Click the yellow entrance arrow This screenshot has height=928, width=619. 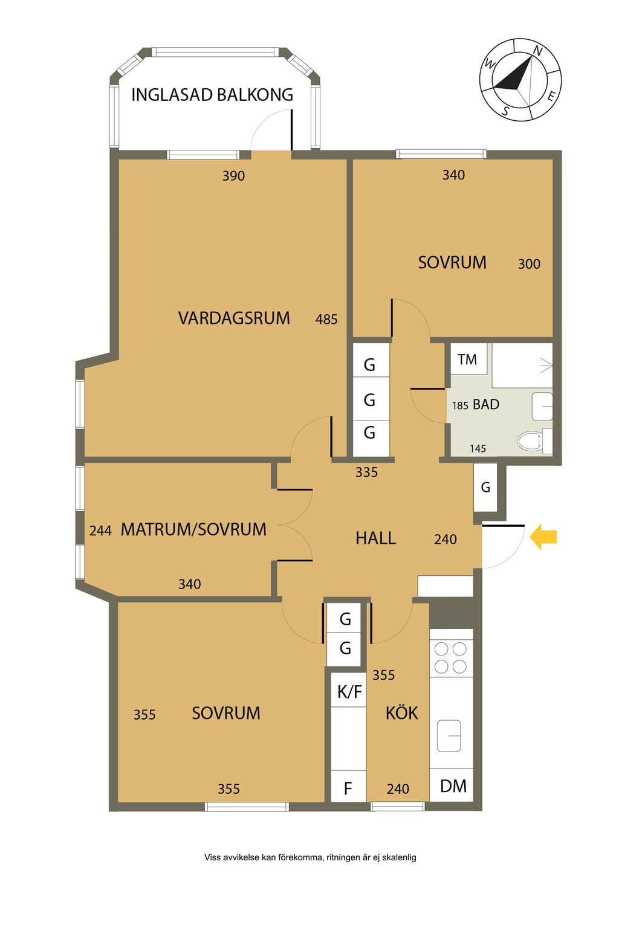point(543,537)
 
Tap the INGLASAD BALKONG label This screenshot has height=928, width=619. point(212,95)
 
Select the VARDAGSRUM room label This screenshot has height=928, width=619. point(234,318)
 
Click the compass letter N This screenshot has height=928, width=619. point(538,51)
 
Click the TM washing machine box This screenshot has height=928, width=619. point(468,359)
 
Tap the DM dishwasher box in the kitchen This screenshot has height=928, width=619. point(452,786)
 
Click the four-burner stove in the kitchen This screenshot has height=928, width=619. point(451,657)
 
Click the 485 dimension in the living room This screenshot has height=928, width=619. point(326,320)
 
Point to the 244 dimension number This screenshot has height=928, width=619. point(100,530)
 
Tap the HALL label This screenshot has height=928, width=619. point(375,538)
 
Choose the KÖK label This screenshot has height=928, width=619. point(402,712)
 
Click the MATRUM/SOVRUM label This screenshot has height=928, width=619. point(193,530)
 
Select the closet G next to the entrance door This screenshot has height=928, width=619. point(485,487)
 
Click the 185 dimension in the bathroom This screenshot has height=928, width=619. point(460,405)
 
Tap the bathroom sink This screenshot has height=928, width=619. point(542,407)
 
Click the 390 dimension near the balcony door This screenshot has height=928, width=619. point(233,176)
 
